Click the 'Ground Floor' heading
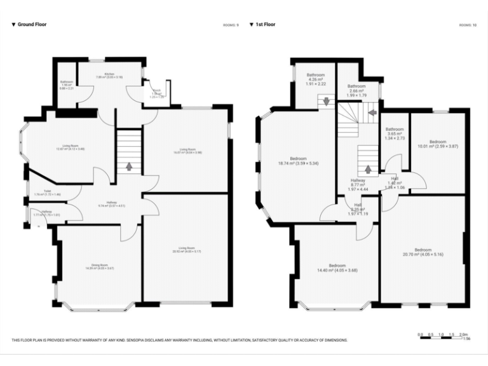point(32,25)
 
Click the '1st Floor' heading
point(265,25)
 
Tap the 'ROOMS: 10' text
point(467,25)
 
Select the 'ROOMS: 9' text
point(231,25)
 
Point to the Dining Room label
point(99,267)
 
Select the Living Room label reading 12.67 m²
point(70,147)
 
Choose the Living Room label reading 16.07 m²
point(186,151)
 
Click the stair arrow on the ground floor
point(130,166)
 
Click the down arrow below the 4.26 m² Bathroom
point(327,101)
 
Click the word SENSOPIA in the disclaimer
point(144,340)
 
